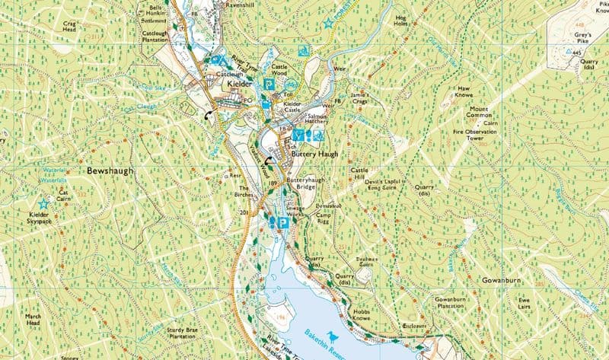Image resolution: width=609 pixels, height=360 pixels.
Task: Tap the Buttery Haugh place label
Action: point(315,153)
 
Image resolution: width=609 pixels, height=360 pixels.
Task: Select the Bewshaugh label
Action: point(109,171)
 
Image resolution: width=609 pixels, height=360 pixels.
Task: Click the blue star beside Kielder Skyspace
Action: point(43,204)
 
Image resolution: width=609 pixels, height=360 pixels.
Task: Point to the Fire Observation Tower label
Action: point(480,135)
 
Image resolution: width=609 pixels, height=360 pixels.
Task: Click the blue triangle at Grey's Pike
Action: point(566,52)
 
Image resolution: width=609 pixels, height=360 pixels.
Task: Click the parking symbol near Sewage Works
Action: point(282,223)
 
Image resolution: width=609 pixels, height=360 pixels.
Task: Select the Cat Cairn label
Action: point(63,196)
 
